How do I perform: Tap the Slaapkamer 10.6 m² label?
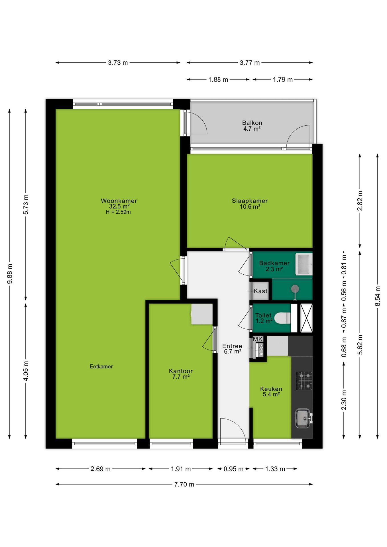coord(250,204)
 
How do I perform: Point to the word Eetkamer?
coord(101,366)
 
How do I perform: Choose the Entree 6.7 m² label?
coord(232,349)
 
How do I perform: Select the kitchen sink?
coord(303,418)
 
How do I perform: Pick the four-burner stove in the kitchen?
coord(304,381)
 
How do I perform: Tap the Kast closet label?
coord(260,291)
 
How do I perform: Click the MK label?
coord(258,339)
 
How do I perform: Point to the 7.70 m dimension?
coord(184,484)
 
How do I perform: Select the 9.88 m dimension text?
coord(10,274)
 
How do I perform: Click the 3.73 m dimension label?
coord(118,63)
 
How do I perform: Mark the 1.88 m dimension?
coord(218,79)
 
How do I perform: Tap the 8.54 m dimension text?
coord(378,296)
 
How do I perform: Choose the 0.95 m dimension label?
coord(233,469)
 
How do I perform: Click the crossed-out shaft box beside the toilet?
coord(307,318)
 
